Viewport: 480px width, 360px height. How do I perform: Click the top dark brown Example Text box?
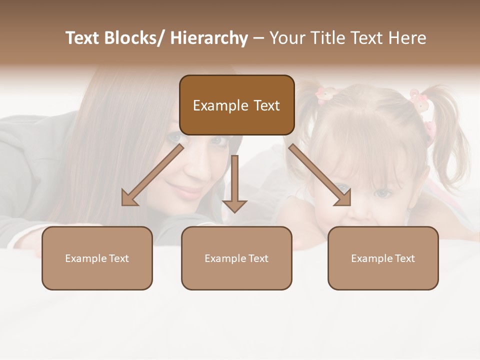coord(236,105)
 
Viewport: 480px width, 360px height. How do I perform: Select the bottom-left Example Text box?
coord(97,258)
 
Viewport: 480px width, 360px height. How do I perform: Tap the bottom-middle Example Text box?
coord(236,258)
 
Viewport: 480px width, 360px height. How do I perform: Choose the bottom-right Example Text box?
coord(383,258)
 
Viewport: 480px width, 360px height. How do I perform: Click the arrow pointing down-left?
coord(152,175)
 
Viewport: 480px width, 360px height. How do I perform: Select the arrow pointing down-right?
coord(320,175)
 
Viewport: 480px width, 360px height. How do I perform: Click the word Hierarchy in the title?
coord(209,38)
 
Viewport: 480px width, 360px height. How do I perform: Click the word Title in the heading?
coord(327,38)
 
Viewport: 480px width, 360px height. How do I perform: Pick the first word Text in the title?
coord(83,38)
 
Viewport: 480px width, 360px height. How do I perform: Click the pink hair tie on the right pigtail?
coord(419,100)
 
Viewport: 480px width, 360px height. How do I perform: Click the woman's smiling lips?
coord(186,191)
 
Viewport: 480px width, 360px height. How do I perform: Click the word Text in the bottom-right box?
coord(404,258)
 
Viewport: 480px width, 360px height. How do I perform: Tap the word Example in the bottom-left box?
coord(86,258)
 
